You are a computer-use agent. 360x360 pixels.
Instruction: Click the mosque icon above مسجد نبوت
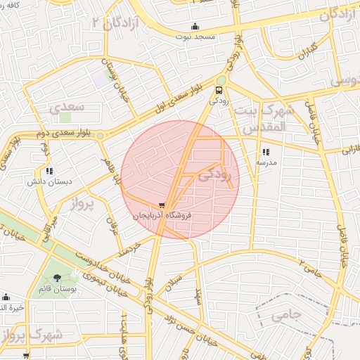coord(195,27)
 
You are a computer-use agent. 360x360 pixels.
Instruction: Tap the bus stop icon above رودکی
coord(219,90)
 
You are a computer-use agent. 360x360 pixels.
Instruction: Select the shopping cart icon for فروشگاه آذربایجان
coord(163,205)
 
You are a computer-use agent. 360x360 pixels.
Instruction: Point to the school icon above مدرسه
coord(265,152)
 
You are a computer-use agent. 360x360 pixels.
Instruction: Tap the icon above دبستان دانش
coord(49,170)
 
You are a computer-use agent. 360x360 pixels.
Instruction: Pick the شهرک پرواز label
coord(32,335)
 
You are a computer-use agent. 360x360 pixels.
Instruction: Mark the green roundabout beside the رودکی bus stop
coord(221,80)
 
